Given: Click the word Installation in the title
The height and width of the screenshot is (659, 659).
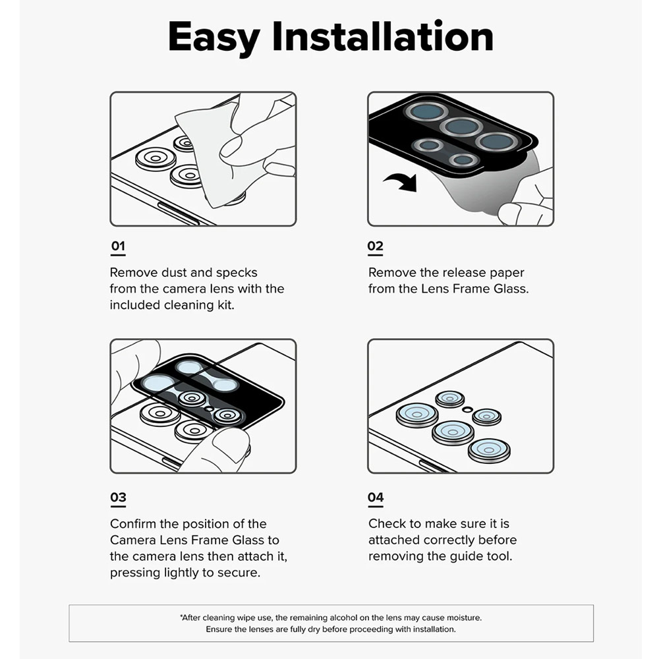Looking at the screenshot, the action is click(x=383, y=36).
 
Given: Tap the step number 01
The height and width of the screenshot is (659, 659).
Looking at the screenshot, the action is click(x=118, y=246).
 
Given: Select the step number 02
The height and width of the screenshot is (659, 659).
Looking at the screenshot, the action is click(x=376, y=246).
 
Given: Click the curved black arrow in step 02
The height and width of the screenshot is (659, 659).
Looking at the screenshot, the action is click(x=401, y=182).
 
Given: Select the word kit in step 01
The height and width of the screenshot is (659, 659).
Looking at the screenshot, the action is click(x=225, y=304).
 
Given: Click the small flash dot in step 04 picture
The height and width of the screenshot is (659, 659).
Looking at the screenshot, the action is click(x=467, y=409).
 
